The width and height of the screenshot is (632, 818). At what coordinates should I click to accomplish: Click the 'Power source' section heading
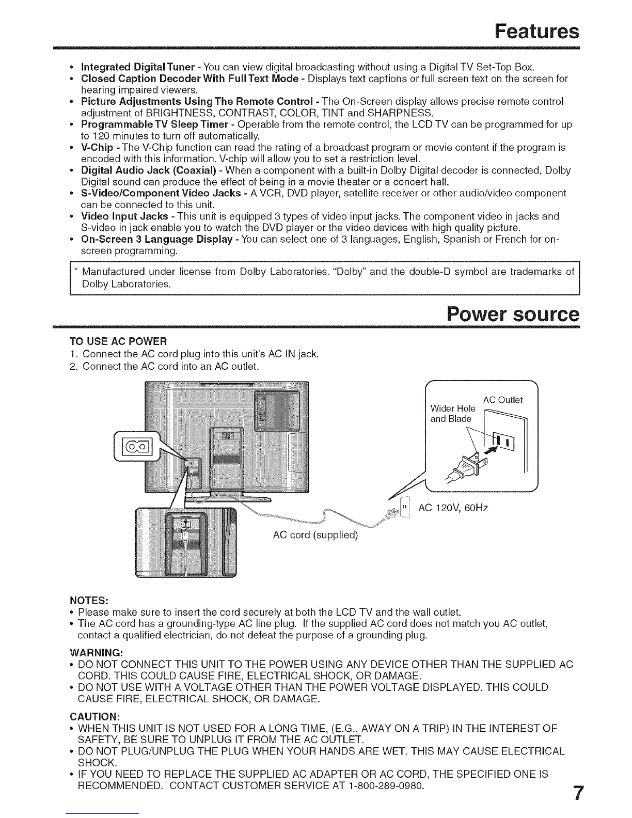pos(513,314)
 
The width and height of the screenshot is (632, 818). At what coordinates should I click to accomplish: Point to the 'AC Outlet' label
pos(502,400)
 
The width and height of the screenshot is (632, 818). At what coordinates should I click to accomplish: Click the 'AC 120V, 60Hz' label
pos(453,508)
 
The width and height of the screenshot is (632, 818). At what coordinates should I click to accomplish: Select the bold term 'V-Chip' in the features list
pos(97,148)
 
